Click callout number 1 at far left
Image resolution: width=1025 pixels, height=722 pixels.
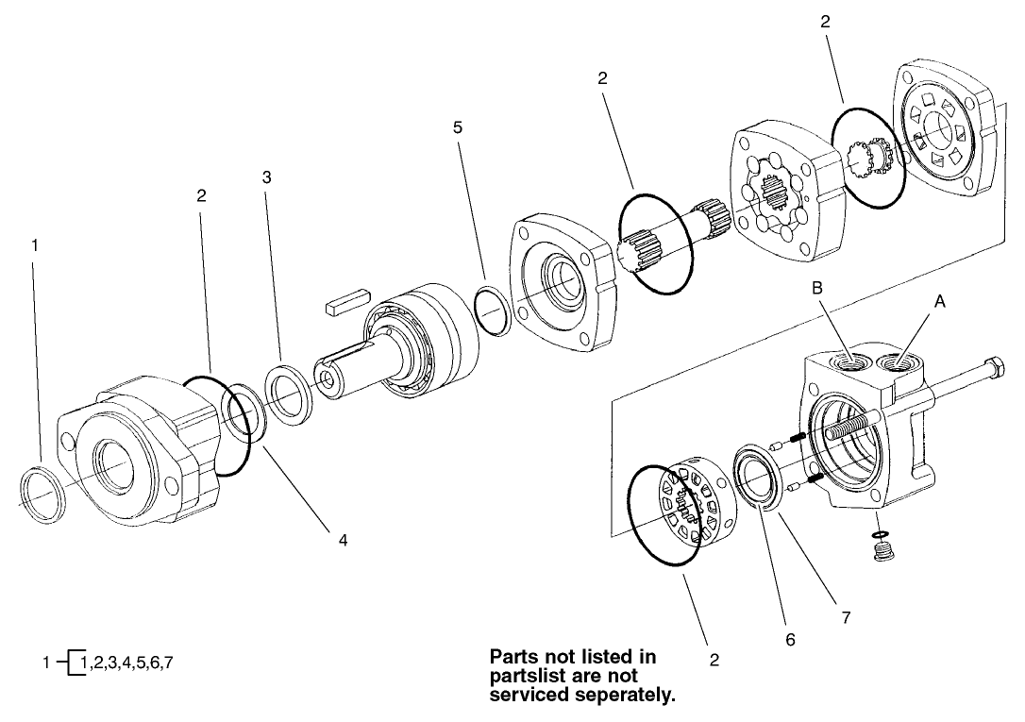click(x=35, y=244)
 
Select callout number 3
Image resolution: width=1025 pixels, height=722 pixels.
click(x=267, y=176)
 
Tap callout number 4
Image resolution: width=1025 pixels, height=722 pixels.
click(x=344, y=540)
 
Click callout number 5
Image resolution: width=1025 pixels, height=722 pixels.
click(x=458, y=126)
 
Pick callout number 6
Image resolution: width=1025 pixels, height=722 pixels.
click(x=790, y=639)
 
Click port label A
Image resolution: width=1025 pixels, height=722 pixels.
click(x=939, y=300)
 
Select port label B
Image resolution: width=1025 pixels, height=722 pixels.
click(x=817, y=288)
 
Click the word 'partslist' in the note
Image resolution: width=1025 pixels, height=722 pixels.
click(x=524, y=677)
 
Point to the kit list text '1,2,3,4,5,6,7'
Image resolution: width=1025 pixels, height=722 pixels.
click(x=127, y=663)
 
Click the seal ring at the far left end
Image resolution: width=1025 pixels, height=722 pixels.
click(x=43, y=494)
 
